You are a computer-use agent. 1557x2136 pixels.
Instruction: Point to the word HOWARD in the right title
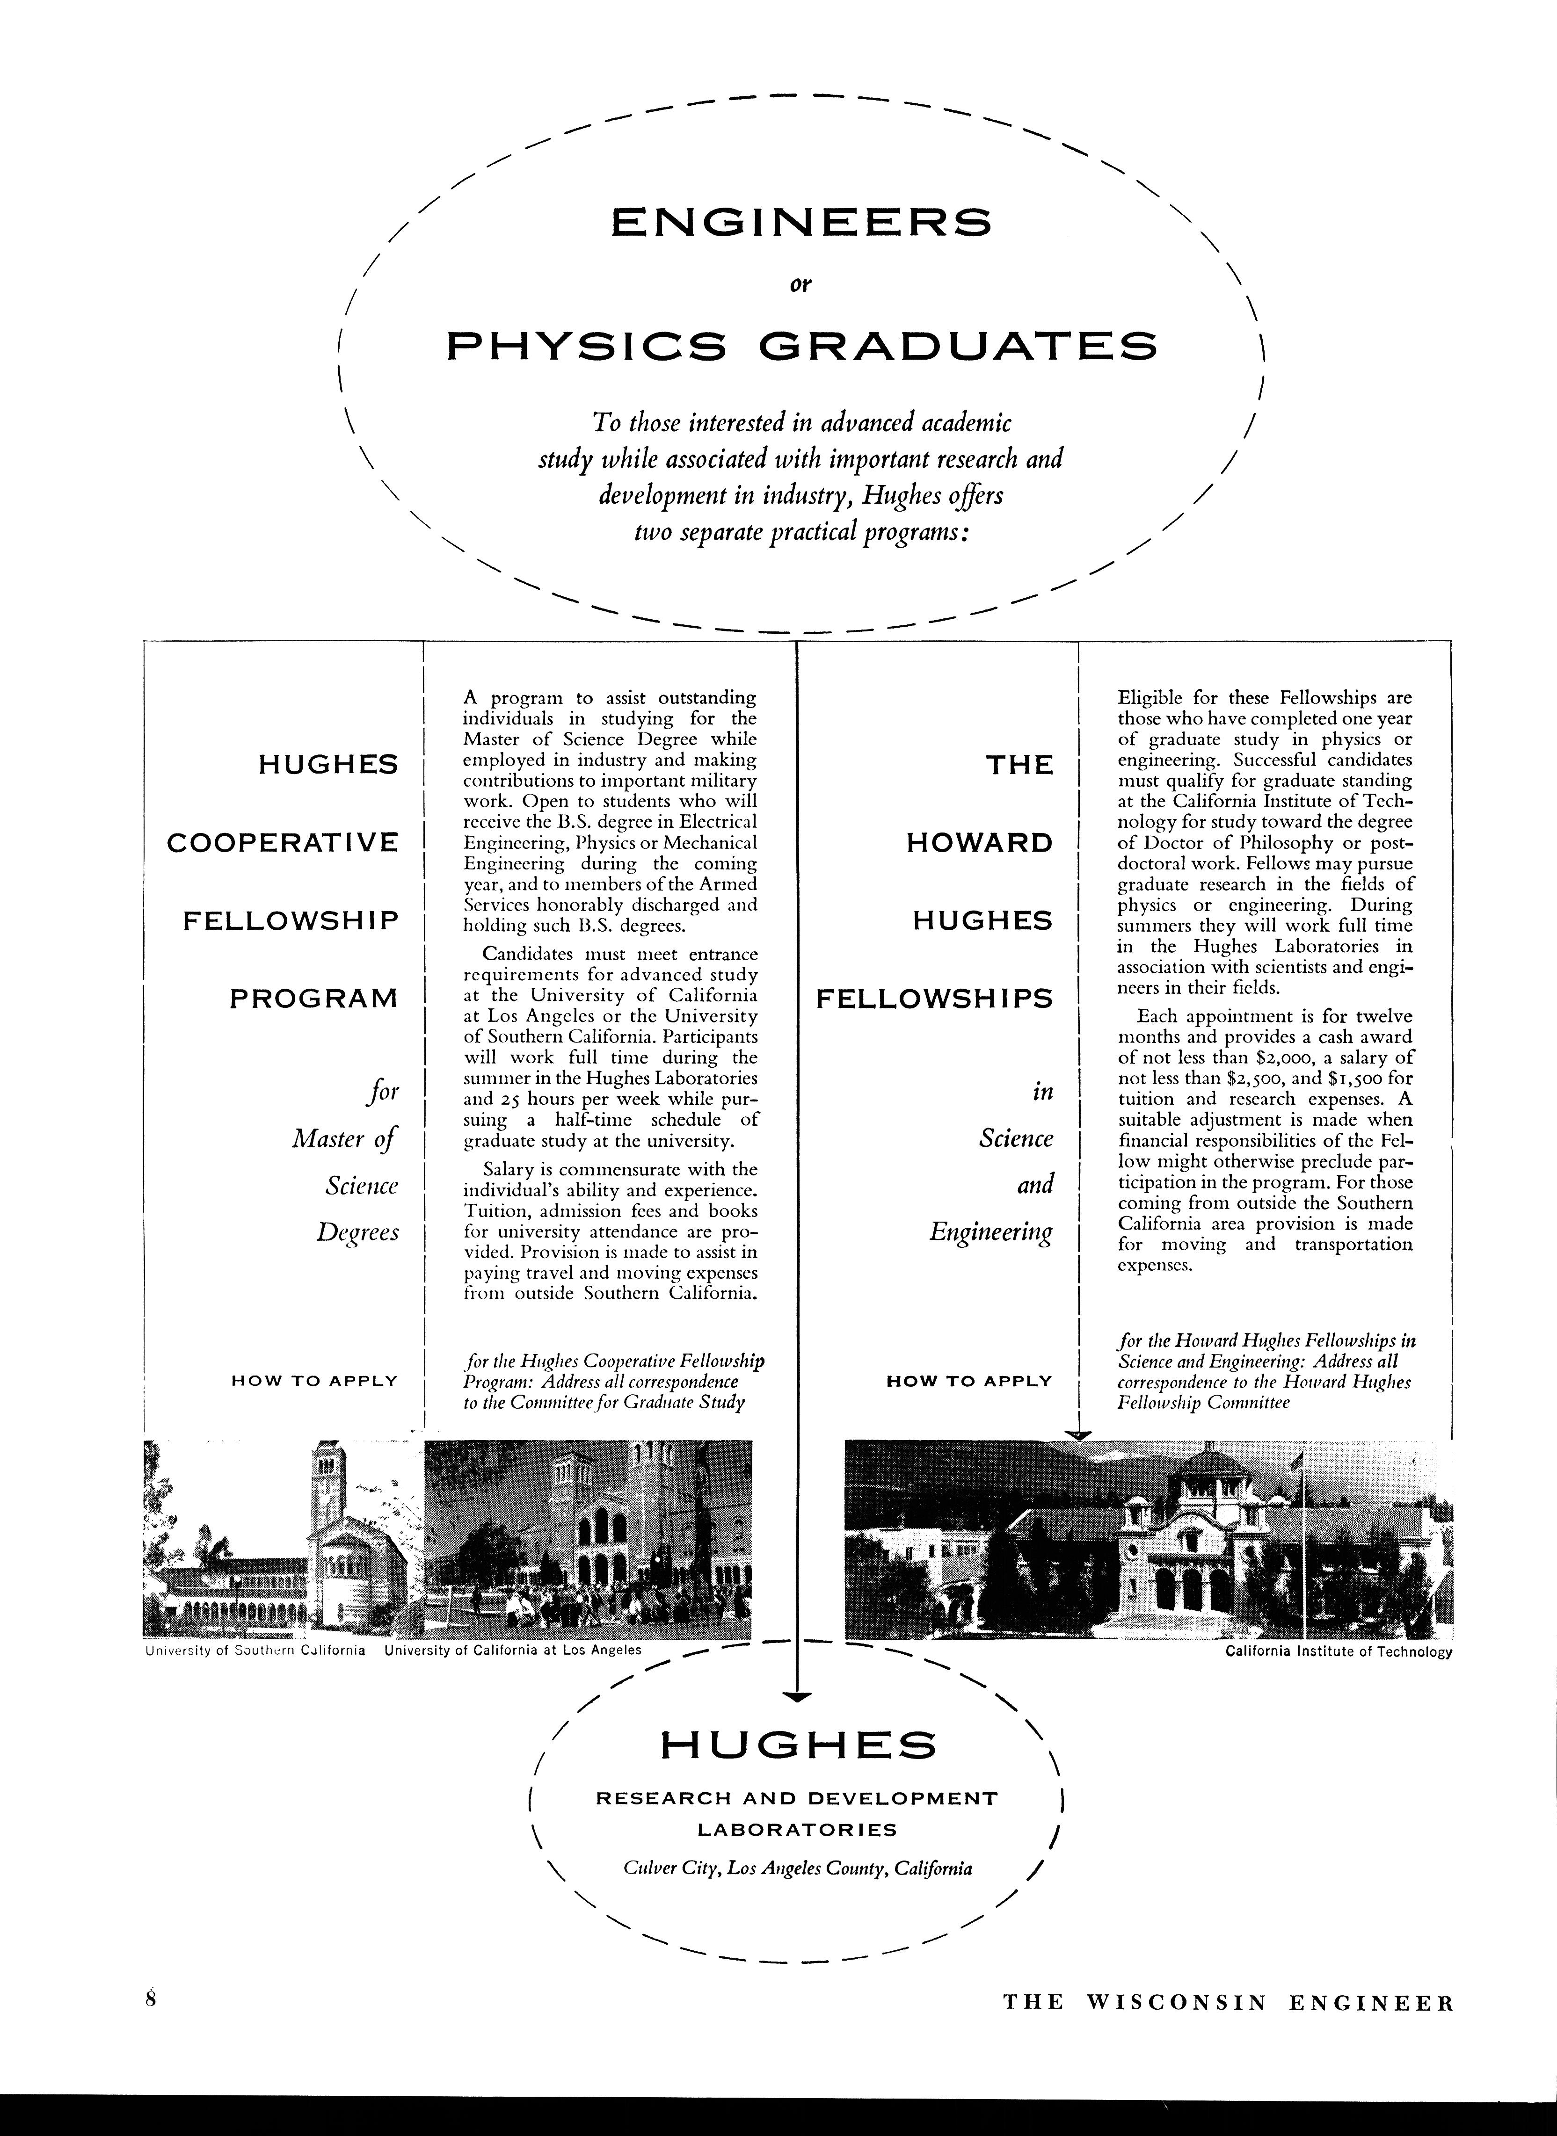[979, 842]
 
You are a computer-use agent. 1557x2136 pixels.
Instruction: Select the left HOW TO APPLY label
[314, 1381]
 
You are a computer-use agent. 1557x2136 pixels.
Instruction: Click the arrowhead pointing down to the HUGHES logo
[797, 1697]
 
